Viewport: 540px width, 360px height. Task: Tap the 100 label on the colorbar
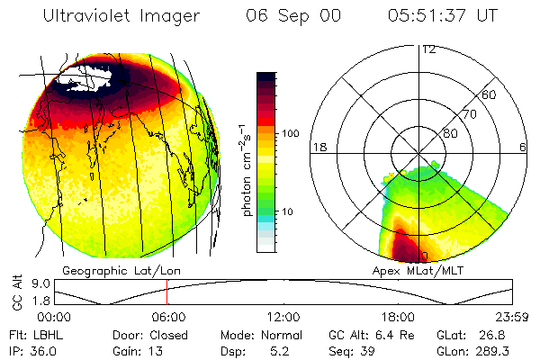point(291,133)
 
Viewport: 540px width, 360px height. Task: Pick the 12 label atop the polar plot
point(429,49)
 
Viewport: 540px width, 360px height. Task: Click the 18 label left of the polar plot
point(318,147)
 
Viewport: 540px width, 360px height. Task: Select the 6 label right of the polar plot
point(523,147)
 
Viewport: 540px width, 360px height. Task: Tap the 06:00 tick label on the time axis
point(168,317)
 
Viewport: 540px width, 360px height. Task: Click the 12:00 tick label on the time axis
point(283,317)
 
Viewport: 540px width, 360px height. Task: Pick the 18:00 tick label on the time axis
point(397,317)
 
